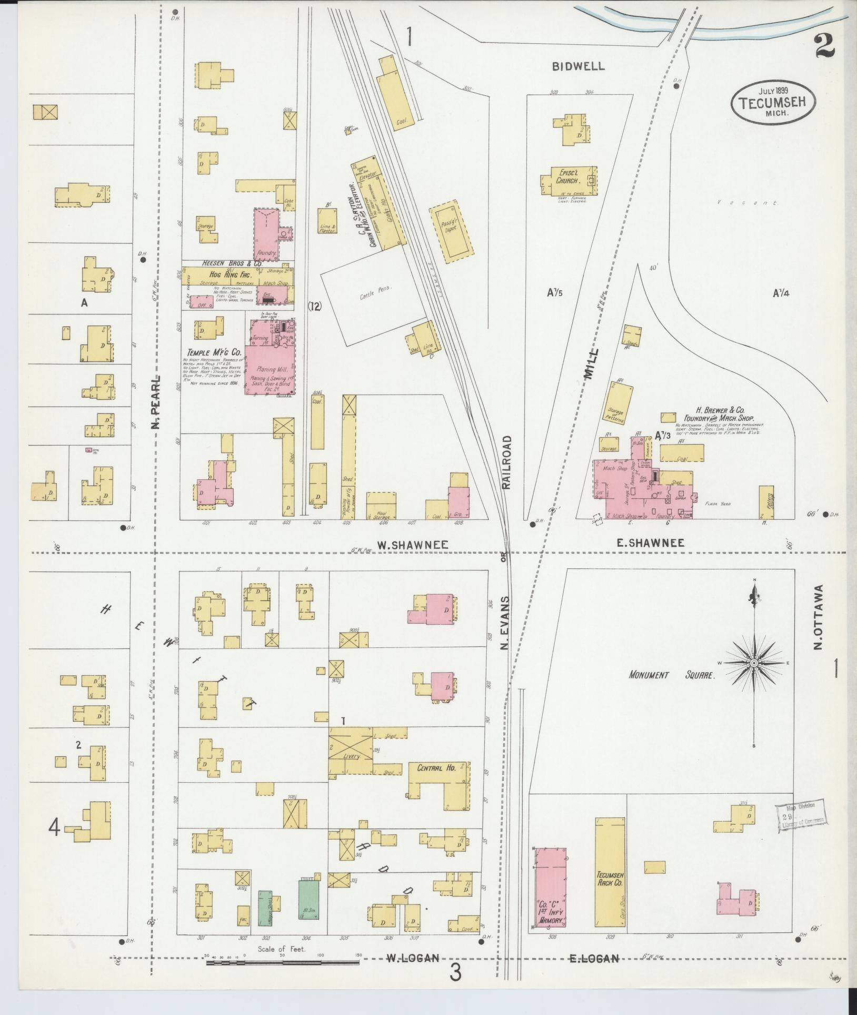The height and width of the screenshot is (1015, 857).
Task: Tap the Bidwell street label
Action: (x=578, y=66)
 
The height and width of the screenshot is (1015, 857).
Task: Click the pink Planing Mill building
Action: (x=270, y=369)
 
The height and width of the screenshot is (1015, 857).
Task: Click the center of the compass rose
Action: (x=754, y=663)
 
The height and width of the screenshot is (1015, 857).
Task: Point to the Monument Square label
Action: (x=672, y=675)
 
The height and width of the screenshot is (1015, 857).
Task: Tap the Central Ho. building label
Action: (x=436, y=767)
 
